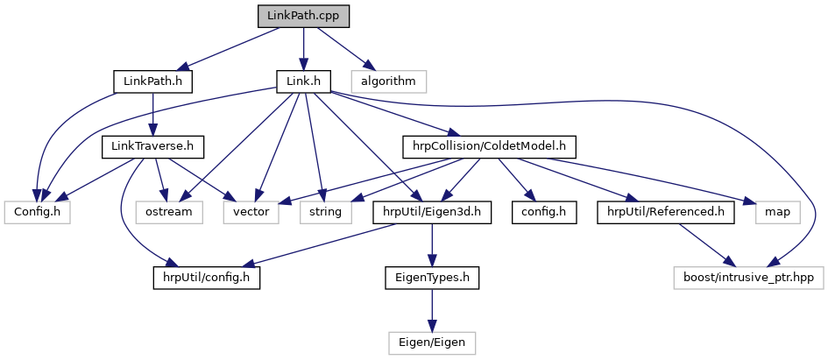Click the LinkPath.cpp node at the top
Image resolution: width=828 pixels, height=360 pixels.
click(x=303, y=16)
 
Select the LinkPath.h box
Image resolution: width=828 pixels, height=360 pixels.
click(x=152, y=81)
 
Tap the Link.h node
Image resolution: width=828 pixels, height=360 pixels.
click(x=302, y=81)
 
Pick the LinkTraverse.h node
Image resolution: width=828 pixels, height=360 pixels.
click(x=153, y=146)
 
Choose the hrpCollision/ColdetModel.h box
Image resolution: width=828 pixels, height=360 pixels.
click(x=491, y=146)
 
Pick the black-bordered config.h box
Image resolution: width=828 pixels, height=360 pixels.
click(x=544, y=211)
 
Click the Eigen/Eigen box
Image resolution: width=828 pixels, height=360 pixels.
click(x=432, y=341)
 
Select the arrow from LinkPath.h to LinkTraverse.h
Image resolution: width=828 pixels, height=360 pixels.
click(x=153, y=114)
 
